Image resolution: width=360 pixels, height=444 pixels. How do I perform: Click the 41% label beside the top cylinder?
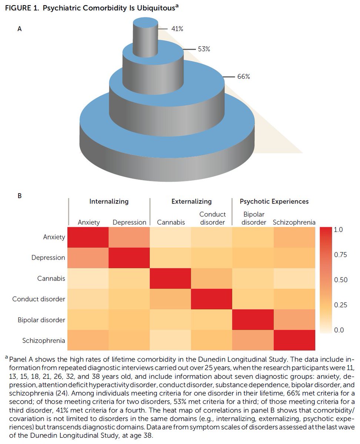pos(176,28)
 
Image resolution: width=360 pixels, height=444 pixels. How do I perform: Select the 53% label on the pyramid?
pos(203,49)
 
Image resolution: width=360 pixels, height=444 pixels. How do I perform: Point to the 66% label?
pos(244,77)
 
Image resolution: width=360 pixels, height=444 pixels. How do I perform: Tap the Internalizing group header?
pos(109,202)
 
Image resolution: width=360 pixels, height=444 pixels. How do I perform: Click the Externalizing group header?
pos(191,202)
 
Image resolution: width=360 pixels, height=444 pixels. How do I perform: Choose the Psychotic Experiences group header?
pos(274,202)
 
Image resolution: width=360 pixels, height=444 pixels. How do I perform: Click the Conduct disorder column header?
pos(212,218)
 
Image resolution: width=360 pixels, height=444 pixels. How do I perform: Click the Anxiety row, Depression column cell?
pos(129,237)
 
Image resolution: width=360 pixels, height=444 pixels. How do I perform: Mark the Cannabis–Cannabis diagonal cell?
pos(170,278)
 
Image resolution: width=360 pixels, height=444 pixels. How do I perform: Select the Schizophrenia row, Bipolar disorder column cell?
pos(253,340)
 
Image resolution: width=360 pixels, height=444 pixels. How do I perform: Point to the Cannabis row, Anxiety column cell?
pos(88,278)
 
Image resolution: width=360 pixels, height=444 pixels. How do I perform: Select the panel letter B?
pos(20,195)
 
